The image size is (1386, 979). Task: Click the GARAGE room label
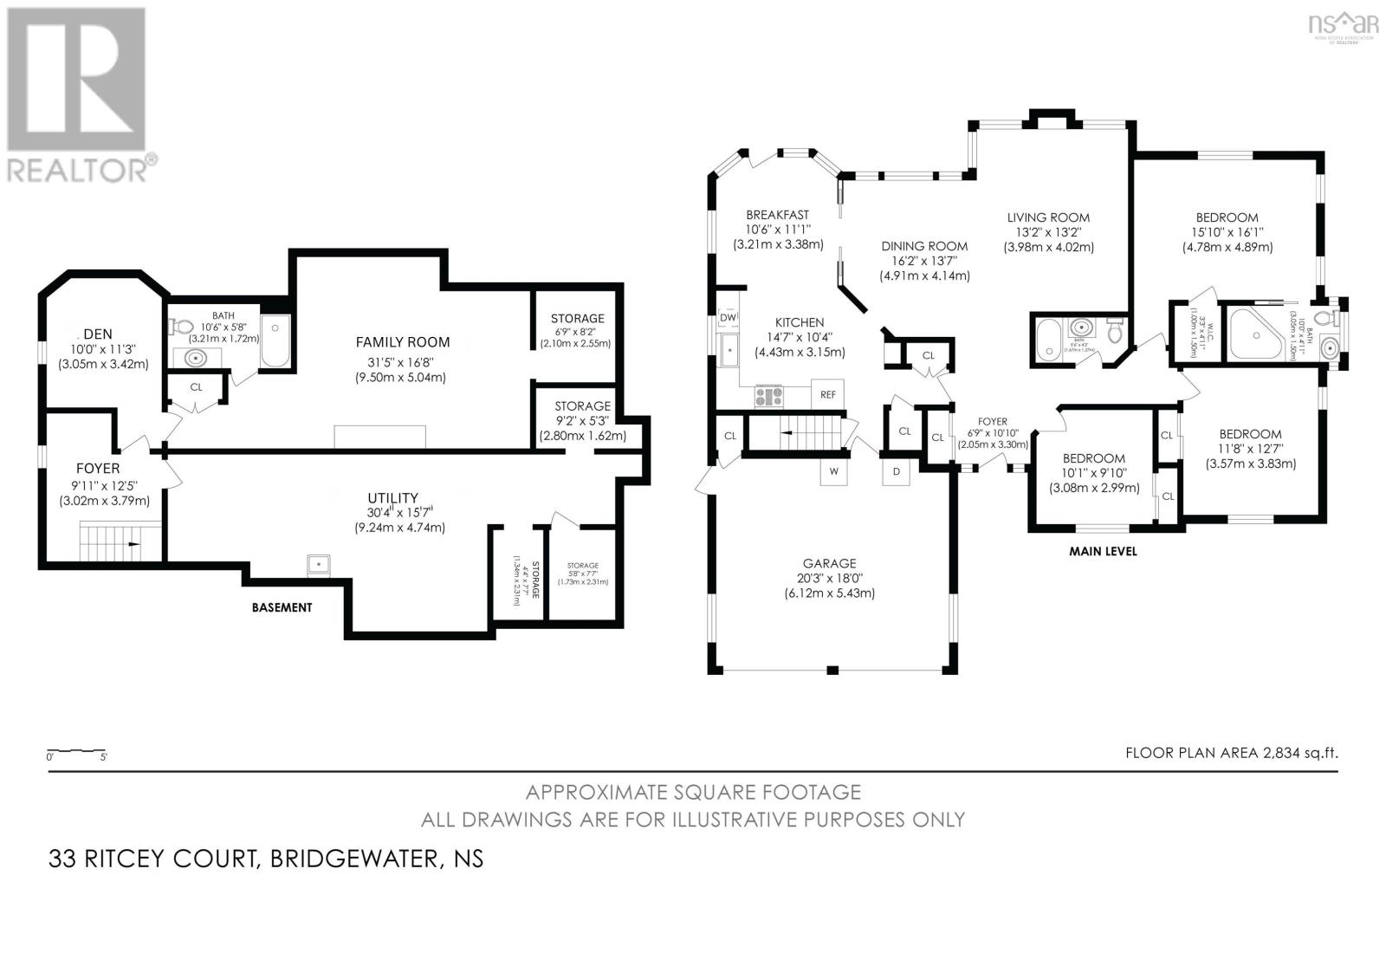point(829,563)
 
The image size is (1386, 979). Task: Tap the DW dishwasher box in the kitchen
point(728,318)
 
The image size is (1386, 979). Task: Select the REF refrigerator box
point(827,394)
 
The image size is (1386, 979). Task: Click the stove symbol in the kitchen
point(769,396)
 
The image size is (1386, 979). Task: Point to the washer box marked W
point(833,472)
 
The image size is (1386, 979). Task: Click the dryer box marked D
point(896,472)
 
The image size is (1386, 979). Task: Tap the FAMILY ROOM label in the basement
point(403,341)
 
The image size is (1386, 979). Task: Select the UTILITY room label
point(392,498)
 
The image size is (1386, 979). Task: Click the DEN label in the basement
point(98,334)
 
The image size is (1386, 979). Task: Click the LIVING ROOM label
point(1048,217)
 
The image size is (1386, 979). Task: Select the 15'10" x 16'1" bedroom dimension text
point(1227,232)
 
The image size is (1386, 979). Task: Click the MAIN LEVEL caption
point(1102,551)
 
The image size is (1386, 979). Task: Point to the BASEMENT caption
point(282,607)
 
